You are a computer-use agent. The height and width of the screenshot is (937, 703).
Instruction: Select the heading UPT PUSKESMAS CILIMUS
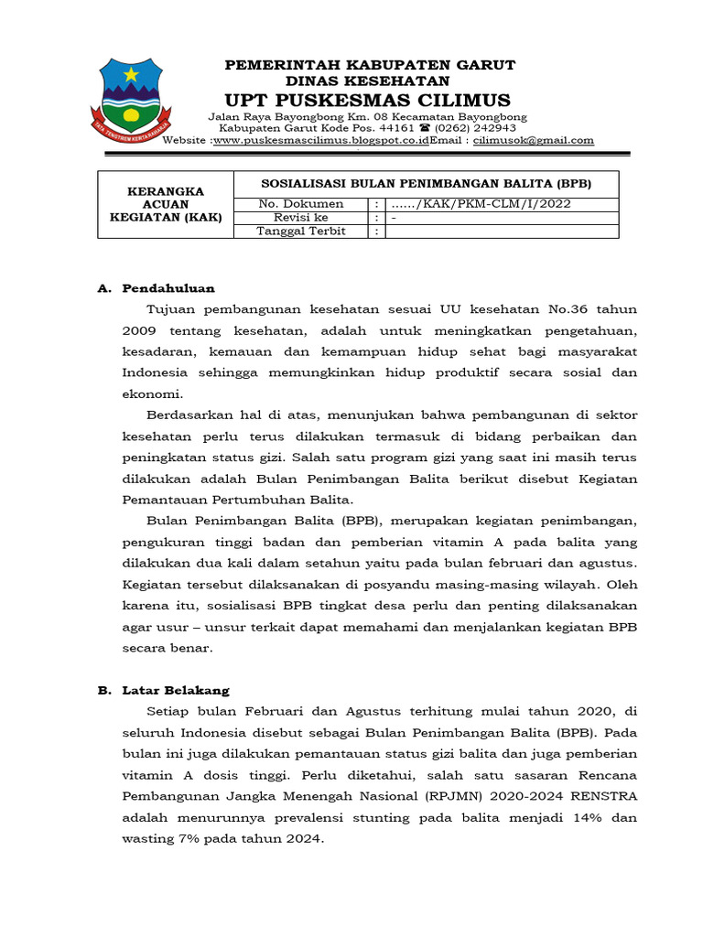click(370, 100)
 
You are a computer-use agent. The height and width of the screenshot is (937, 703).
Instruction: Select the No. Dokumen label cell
click(301, 204)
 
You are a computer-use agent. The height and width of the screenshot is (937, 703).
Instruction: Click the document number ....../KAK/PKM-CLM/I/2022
click(480, 204)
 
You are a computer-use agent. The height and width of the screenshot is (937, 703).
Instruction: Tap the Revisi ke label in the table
click(300, 218)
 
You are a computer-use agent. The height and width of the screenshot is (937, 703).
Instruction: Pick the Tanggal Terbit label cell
click(302, 232)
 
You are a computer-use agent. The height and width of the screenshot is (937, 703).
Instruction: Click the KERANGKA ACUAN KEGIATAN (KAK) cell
click(166, 205)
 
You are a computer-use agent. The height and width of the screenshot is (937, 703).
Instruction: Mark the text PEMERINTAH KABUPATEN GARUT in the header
click(370, 65)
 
